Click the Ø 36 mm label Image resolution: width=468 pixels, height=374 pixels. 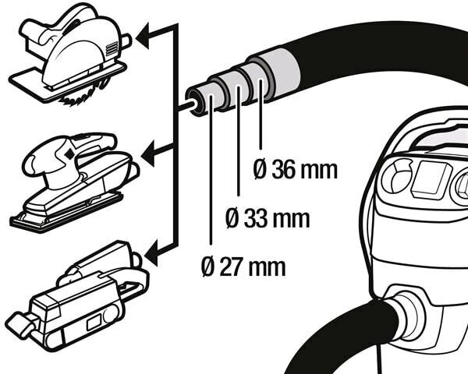[x=296, y=169]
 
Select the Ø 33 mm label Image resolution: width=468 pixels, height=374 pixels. [x=268, y=218]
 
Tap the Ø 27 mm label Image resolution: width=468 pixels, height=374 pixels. [x=243, y=267]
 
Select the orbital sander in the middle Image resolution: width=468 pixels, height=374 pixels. [x=74, y=179]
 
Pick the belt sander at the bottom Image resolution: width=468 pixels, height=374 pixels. [x=74, y=292]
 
